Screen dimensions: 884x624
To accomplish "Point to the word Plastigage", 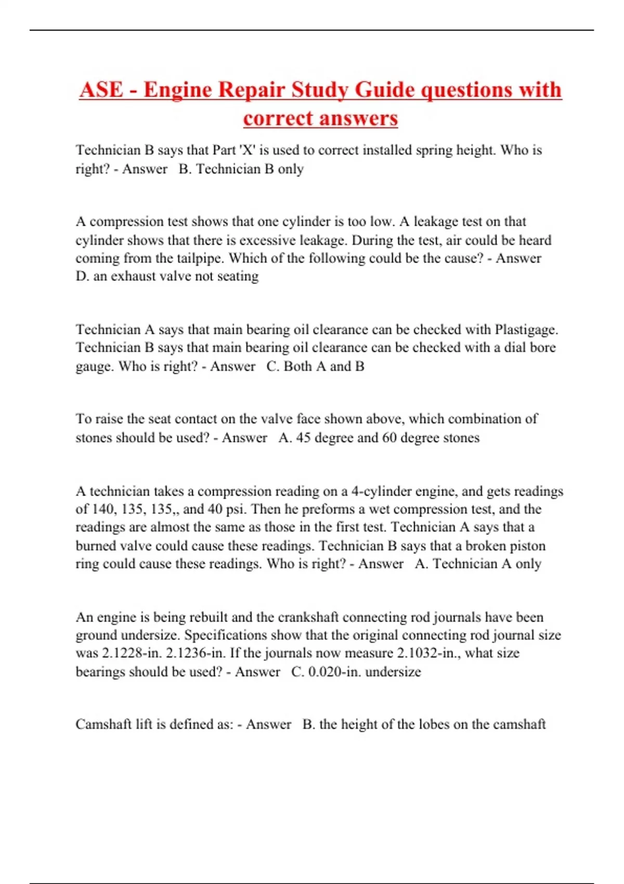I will (x=526, y=330).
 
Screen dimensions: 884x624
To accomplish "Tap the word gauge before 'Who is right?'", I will (x=95, y=367).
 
